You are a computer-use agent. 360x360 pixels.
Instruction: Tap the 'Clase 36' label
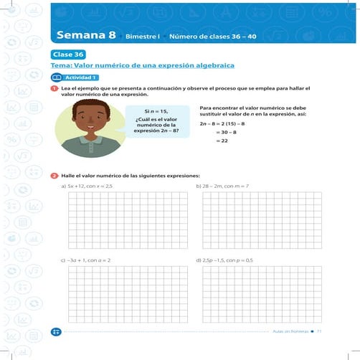(68, 54)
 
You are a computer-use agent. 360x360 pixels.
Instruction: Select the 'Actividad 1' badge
(80, 77)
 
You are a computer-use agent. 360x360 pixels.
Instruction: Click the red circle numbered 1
(55, 88)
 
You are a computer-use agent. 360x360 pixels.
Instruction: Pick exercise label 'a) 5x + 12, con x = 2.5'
(87, 186)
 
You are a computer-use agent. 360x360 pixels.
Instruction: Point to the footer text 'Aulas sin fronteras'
(290, 331)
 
